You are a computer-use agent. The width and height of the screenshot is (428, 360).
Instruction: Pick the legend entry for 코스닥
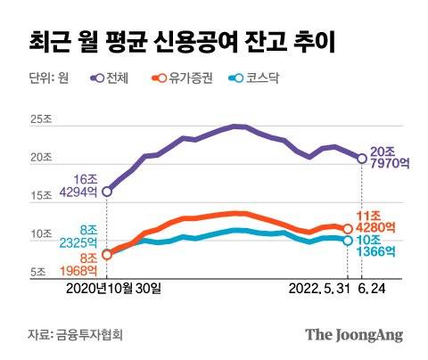coord(252,79)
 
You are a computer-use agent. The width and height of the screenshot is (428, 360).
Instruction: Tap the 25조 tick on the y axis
coord(41,119)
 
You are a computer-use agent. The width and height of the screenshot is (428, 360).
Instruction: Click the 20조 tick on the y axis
coord(41,158)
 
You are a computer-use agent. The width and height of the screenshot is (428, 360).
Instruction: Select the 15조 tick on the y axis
coord(41,196)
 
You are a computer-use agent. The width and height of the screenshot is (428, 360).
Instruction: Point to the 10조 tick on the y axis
coord(41,234)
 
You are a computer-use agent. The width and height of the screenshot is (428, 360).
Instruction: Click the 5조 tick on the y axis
coord(38,273)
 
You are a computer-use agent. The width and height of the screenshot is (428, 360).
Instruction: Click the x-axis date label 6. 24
coord(374,289)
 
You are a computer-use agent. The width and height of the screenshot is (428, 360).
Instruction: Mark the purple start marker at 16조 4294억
coord(108,191)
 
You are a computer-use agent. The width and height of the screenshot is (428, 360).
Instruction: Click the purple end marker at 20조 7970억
coord(362,158)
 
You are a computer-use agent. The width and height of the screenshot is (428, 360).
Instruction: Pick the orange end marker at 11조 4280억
coord(348,229)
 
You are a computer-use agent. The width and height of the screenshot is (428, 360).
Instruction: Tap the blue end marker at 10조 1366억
coord(348,241)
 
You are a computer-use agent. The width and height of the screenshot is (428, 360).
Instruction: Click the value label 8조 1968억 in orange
coord(78,266)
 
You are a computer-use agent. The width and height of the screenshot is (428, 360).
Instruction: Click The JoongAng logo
coord(354,335)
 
